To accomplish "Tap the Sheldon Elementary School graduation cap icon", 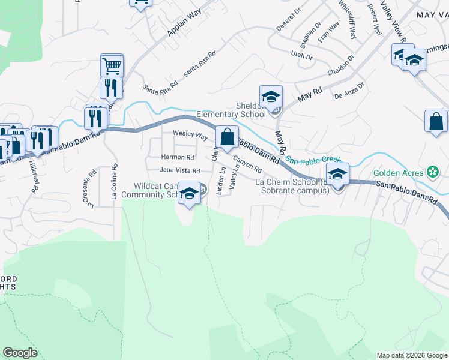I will click(x=271, y=96).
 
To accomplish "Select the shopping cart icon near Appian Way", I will click(x=112, y=65).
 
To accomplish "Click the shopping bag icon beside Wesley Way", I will click(x=227, y=137).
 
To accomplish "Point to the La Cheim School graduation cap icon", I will click(x=338, y=175).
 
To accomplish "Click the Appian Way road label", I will click(x=182, y=26).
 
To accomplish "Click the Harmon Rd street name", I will click(x=177, y=157).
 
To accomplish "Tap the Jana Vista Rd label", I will click(x=179, y=170).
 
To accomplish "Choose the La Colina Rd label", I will click(x=113, y=182).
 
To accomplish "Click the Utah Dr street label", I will click(x=302, y=57).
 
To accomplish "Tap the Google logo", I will click(x=20, y=353).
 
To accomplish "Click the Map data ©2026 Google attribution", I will click(x=412, y=355).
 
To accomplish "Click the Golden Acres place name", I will click(x=399, y=173).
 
